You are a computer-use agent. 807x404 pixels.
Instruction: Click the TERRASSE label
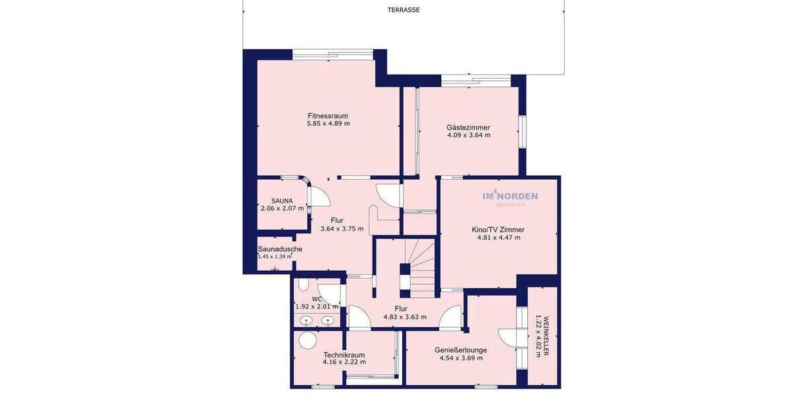(403, 10)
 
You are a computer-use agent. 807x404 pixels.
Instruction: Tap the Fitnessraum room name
(328, 116)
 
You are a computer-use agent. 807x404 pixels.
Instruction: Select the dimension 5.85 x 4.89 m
(328, 124)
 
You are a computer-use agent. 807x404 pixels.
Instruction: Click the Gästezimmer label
(468, 127)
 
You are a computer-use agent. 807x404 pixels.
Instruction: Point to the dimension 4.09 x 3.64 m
(469, 135)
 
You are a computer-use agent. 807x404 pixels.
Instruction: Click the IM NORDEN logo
(510, 197)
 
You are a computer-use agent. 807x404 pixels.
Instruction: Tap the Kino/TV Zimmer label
(498, 230)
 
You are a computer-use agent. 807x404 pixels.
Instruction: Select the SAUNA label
(282, 201)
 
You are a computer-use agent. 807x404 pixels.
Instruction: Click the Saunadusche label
(280, 249)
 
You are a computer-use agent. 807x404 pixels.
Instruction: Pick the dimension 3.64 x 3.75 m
(342, 229)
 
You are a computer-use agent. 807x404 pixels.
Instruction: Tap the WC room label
(317, 299)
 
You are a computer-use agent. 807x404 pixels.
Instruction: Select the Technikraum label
(344, 355)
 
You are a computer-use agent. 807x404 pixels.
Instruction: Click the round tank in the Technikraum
(308, 340)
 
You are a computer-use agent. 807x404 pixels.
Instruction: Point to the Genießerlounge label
(461, 350)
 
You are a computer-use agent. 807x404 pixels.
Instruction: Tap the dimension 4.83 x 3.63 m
(405, 317)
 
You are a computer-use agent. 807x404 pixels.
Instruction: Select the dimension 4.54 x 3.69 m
(461, 358)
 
